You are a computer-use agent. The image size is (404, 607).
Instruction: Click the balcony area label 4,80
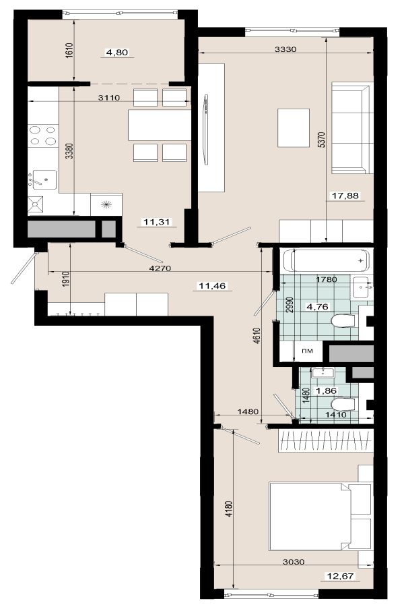116,52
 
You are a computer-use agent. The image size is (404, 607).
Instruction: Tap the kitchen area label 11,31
157,222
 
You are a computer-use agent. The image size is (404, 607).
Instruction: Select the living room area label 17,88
345,196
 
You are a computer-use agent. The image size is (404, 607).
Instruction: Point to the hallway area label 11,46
212,286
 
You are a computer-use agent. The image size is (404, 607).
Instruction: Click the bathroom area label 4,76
317,307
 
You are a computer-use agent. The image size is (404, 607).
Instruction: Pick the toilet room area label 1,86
327,391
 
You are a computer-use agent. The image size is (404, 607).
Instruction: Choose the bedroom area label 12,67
340,576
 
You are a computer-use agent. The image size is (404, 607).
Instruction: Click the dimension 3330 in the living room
285,49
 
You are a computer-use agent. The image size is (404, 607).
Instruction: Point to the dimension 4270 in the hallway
160,268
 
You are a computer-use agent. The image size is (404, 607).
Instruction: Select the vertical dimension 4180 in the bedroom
229,509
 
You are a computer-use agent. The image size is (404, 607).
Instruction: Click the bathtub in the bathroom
327,260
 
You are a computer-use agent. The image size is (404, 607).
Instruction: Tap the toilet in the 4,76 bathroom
343,321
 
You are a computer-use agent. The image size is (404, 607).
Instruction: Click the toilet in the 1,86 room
343,405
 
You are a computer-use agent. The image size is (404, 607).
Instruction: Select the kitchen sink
44,179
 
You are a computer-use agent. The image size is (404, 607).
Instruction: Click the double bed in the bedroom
320,516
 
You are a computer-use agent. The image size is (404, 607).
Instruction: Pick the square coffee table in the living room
294,127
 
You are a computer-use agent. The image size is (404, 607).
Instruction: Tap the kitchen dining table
160,125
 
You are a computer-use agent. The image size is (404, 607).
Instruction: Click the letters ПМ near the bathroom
307,351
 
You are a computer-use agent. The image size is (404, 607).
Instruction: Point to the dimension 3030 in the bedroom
294,562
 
